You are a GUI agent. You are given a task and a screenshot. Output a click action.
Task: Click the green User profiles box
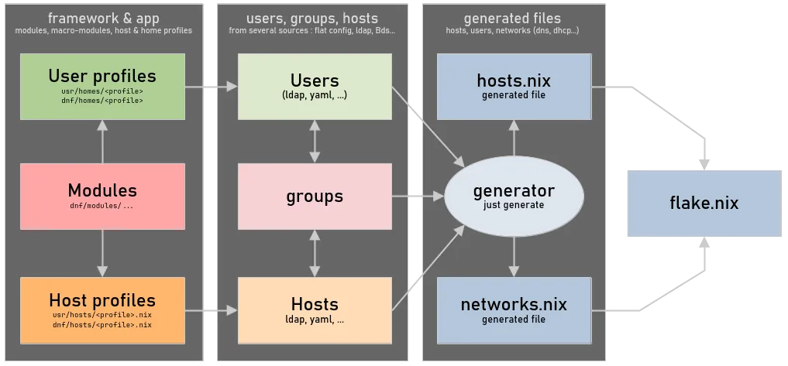point(102,86)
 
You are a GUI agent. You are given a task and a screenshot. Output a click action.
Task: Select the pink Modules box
point(102,197)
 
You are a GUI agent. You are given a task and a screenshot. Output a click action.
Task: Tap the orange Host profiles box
point(102,310)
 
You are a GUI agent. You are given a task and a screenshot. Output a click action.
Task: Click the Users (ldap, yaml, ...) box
point(314,86)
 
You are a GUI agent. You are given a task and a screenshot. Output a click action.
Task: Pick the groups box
point(314,197)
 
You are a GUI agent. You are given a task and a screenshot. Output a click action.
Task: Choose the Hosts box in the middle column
point(314,310)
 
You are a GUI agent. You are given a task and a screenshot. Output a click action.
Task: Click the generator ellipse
point(514,196)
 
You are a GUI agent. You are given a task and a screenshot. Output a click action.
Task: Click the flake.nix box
point(704,204)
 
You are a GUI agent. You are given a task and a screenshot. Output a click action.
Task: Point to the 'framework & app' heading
point(102,18)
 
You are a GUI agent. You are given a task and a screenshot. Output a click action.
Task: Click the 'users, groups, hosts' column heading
point(312,18)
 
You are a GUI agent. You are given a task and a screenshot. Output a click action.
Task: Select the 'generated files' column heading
point(512,18)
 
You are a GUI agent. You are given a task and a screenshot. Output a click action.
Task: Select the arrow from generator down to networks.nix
point(514,256)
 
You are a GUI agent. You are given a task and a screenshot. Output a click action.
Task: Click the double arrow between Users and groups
point(314,141)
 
